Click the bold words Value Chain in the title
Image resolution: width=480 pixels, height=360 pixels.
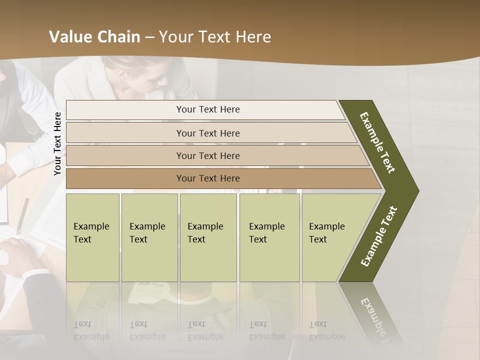click(x=94, y=37)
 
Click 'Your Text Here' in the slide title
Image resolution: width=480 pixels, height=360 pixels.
click(x=215, y=37)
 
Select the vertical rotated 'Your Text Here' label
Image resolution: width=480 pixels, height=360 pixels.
click(x=57, y=143)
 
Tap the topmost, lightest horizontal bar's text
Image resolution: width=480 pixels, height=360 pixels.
click(x=208, y=109)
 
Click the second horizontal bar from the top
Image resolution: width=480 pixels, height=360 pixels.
click(x=208, y=133)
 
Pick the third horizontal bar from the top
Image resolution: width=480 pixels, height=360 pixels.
click(x=208, y=156)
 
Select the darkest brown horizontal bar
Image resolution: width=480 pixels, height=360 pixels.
click(x=208, y=178)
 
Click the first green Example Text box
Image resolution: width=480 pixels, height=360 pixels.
click(x=92, y=237)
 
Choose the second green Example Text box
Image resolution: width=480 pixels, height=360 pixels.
click(x=149, y=237)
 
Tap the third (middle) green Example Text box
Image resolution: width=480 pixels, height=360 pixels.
click(x=207, y=237)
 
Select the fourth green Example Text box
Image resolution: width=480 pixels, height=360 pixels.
click(x=269, y=237)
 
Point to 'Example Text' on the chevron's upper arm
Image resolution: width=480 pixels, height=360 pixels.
click(x=377, y=142)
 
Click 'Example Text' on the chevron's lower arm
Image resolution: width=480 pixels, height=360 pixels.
click(x=379, y=236)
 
